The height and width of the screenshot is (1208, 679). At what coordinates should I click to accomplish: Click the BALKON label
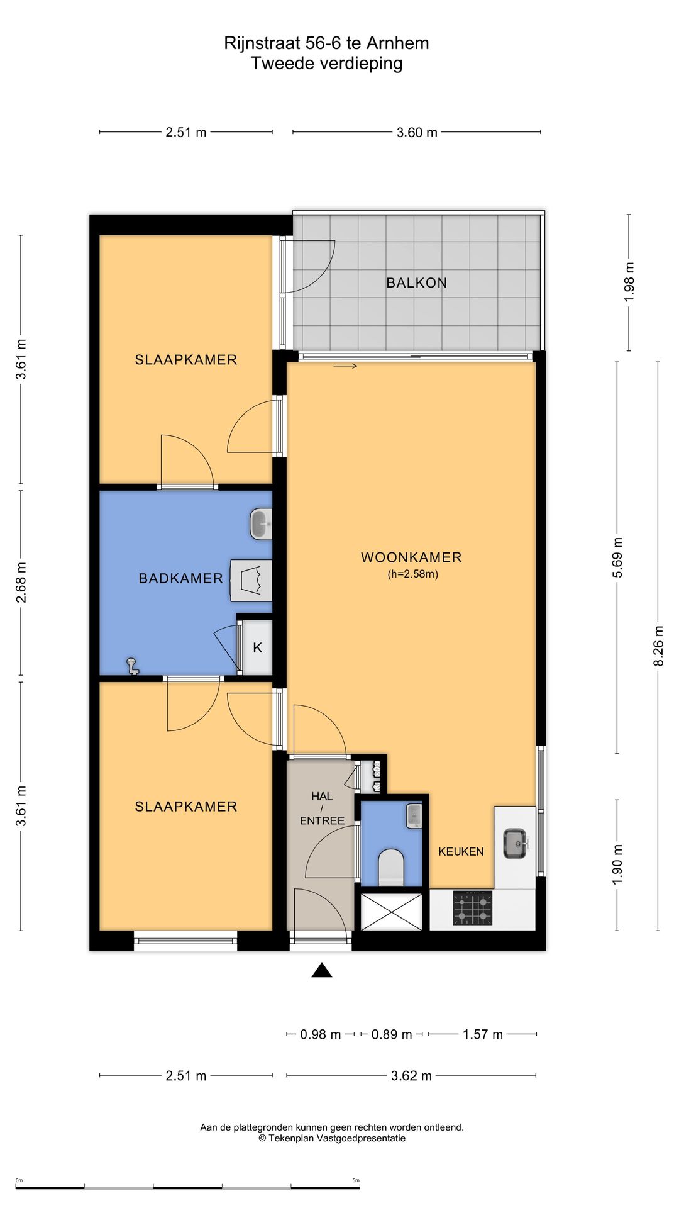416,283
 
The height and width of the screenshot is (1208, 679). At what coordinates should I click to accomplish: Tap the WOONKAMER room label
411,557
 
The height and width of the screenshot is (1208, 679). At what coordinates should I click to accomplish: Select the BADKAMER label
181,578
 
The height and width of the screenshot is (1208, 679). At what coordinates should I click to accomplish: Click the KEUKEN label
461,851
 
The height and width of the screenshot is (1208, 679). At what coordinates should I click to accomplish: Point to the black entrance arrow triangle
322,970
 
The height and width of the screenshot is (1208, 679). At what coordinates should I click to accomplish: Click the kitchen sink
515,843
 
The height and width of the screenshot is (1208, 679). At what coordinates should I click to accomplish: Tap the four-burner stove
473,909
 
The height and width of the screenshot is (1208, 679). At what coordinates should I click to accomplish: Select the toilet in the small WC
391,867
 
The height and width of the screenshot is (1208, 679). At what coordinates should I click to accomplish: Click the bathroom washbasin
260,525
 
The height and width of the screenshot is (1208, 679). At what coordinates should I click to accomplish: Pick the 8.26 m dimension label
658,646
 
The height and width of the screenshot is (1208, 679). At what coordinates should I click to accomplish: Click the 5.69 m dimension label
617,558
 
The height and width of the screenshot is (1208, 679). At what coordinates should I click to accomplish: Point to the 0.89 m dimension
392,1034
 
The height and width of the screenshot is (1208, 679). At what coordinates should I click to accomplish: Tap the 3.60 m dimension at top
417,132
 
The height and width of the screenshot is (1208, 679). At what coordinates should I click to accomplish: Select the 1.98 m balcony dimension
629,282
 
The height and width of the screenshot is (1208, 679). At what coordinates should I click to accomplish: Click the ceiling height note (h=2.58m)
412,574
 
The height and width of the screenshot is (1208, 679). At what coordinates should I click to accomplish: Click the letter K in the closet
258,647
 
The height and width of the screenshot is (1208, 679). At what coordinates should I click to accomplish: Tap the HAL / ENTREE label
322,808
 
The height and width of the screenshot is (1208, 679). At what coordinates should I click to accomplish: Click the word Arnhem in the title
397,43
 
